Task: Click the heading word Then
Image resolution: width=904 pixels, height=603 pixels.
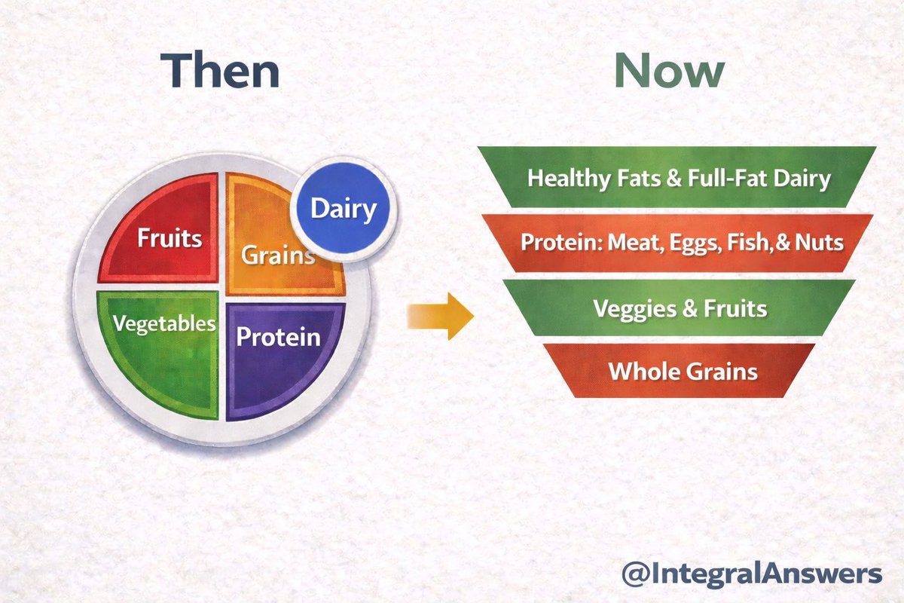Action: tap(220, 69)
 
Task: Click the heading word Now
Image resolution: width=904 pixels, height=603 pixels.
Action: tap(670, 70)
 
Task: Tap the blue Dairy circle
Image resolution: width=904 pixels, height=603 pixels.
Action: tap(344, 208)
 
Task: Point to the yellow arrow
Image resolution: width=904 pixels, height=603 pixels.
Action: tap(440, 317)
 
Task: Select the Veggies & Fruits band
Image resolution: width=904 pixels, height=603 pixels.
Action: tap(680, 308)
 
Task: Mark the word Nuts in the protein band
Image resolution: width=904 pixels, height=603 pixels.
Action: tap(820, 243)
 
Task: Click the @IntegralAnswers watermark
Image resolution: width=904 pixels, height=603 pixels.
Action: tap(752, 574)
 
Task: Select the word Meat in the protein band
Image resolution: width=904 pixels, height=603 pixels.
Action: tap(635, 243)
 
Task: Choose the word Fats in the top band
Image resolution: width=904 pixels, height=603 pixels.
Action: tap(639, 178)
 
